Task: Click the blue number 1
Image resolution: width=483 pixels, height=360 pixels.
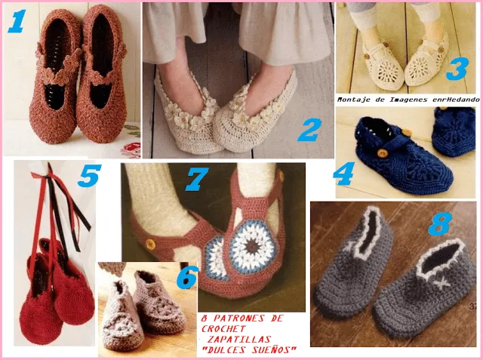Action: [17, 23]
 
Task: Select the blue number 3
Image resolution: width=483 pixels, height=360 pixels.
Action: [456, 71]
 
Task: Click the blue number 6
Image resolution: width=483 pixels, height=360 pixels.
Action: [186, 278]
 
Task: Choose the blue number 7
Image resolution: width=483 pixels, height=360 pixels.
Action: [198, 180]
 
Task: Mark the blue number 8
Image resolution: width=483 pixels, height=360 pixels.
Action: [439, 223]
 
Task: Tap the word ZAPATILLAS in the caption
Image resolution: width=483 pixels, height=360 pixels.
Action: [246, 339]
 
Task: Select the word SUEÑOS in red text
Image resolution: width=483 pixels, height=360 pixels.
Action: [274, 349]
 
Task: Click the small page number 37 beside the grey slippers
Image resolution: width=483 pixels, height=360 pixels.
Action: [473, 307]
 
